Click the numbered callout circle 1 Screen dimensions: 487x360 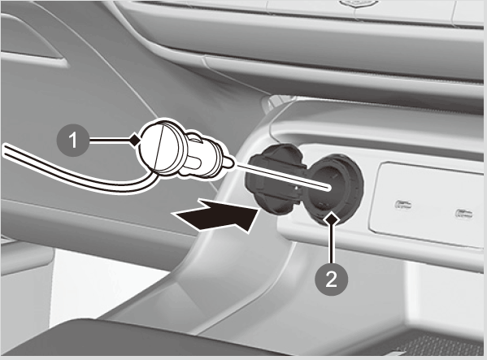tap(72, 141)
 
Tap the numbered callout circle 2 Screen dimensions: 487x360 tap(331, 280)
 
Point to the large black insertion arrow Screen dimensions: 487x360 tap(217, 215)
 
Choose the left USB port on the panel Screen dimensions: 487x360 tap(403, 204)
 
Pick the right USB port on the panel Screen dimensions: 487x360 tap(464, 214)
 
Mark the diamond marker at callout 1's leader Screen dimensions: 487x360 tap(135, 141)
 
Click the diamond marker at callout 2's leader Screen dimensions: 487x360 tap(332, 219)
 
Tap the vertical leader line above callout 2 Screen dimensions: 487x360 tap(332, 245)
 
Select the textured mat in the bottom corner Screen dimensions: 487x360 tap(441, 345)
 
